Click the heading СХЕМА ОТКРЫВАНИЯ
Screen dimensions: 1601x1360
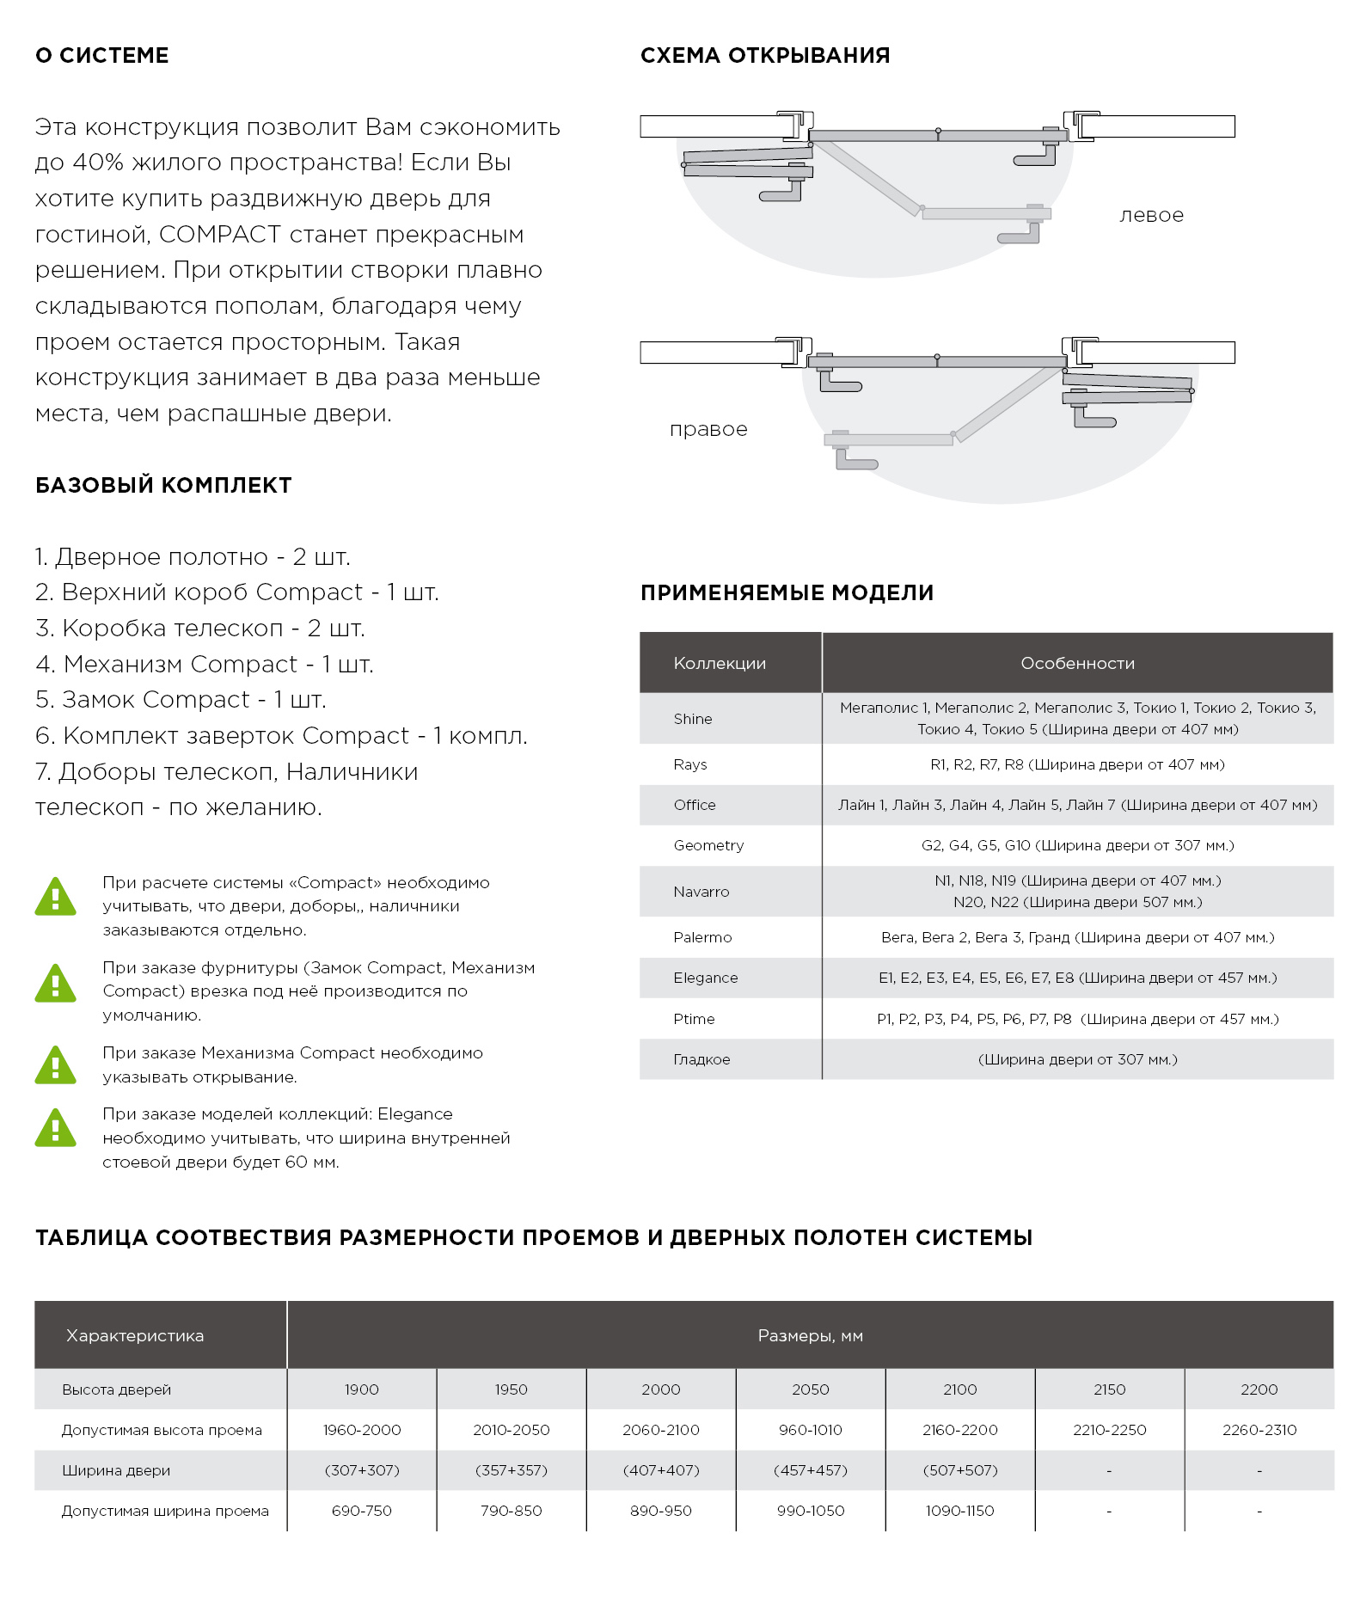(x=764, y=56)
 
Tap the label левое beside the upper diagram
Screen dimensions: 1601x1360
(x=1151, y=216)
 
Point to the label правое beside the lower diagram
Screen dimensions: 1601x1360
(x=708, y=429)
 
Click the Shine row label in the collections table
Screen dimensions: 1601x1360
(x=693, y=719)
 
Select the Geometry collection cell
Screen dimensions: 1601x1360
(x=708, y=845)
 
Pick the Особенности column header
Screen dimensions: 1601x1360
(x=1077, y=663)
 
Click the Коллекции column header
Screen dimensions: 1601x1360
(x=720, y=663)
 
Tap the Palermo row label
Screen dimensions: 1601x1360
(x=702, y=937)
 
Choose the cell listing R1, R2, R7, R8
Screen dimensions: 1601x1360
(x=1077, y=764)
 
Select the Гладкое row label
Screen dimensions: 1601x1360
(x=701, y=1059)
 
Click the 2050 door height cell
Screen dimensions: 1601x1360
(x=810, y=1389)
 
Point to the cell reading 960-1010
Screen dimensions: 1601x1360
(x=810, y=1430)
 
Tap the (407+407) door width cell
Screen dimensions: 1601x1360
(x=660, y=1470)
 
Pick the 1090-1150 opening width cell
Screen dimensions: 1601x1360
(x=959, y=1511)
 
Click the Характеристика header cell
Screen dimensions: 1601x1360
(x=135, y=1335)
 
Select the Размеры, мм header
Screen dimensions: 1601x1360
(x=810, y=1335)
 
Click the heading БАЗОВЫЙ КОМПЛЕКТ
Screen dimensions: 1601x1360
(x=163, y=486)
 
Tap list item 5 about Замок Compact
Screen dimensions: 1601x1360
(x=181, y=700)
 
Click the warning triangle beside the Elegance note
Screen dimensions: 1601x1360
(x=56, y=1128)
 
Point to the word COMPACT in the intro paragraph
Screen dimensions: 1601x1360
(x=220, y=235)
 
